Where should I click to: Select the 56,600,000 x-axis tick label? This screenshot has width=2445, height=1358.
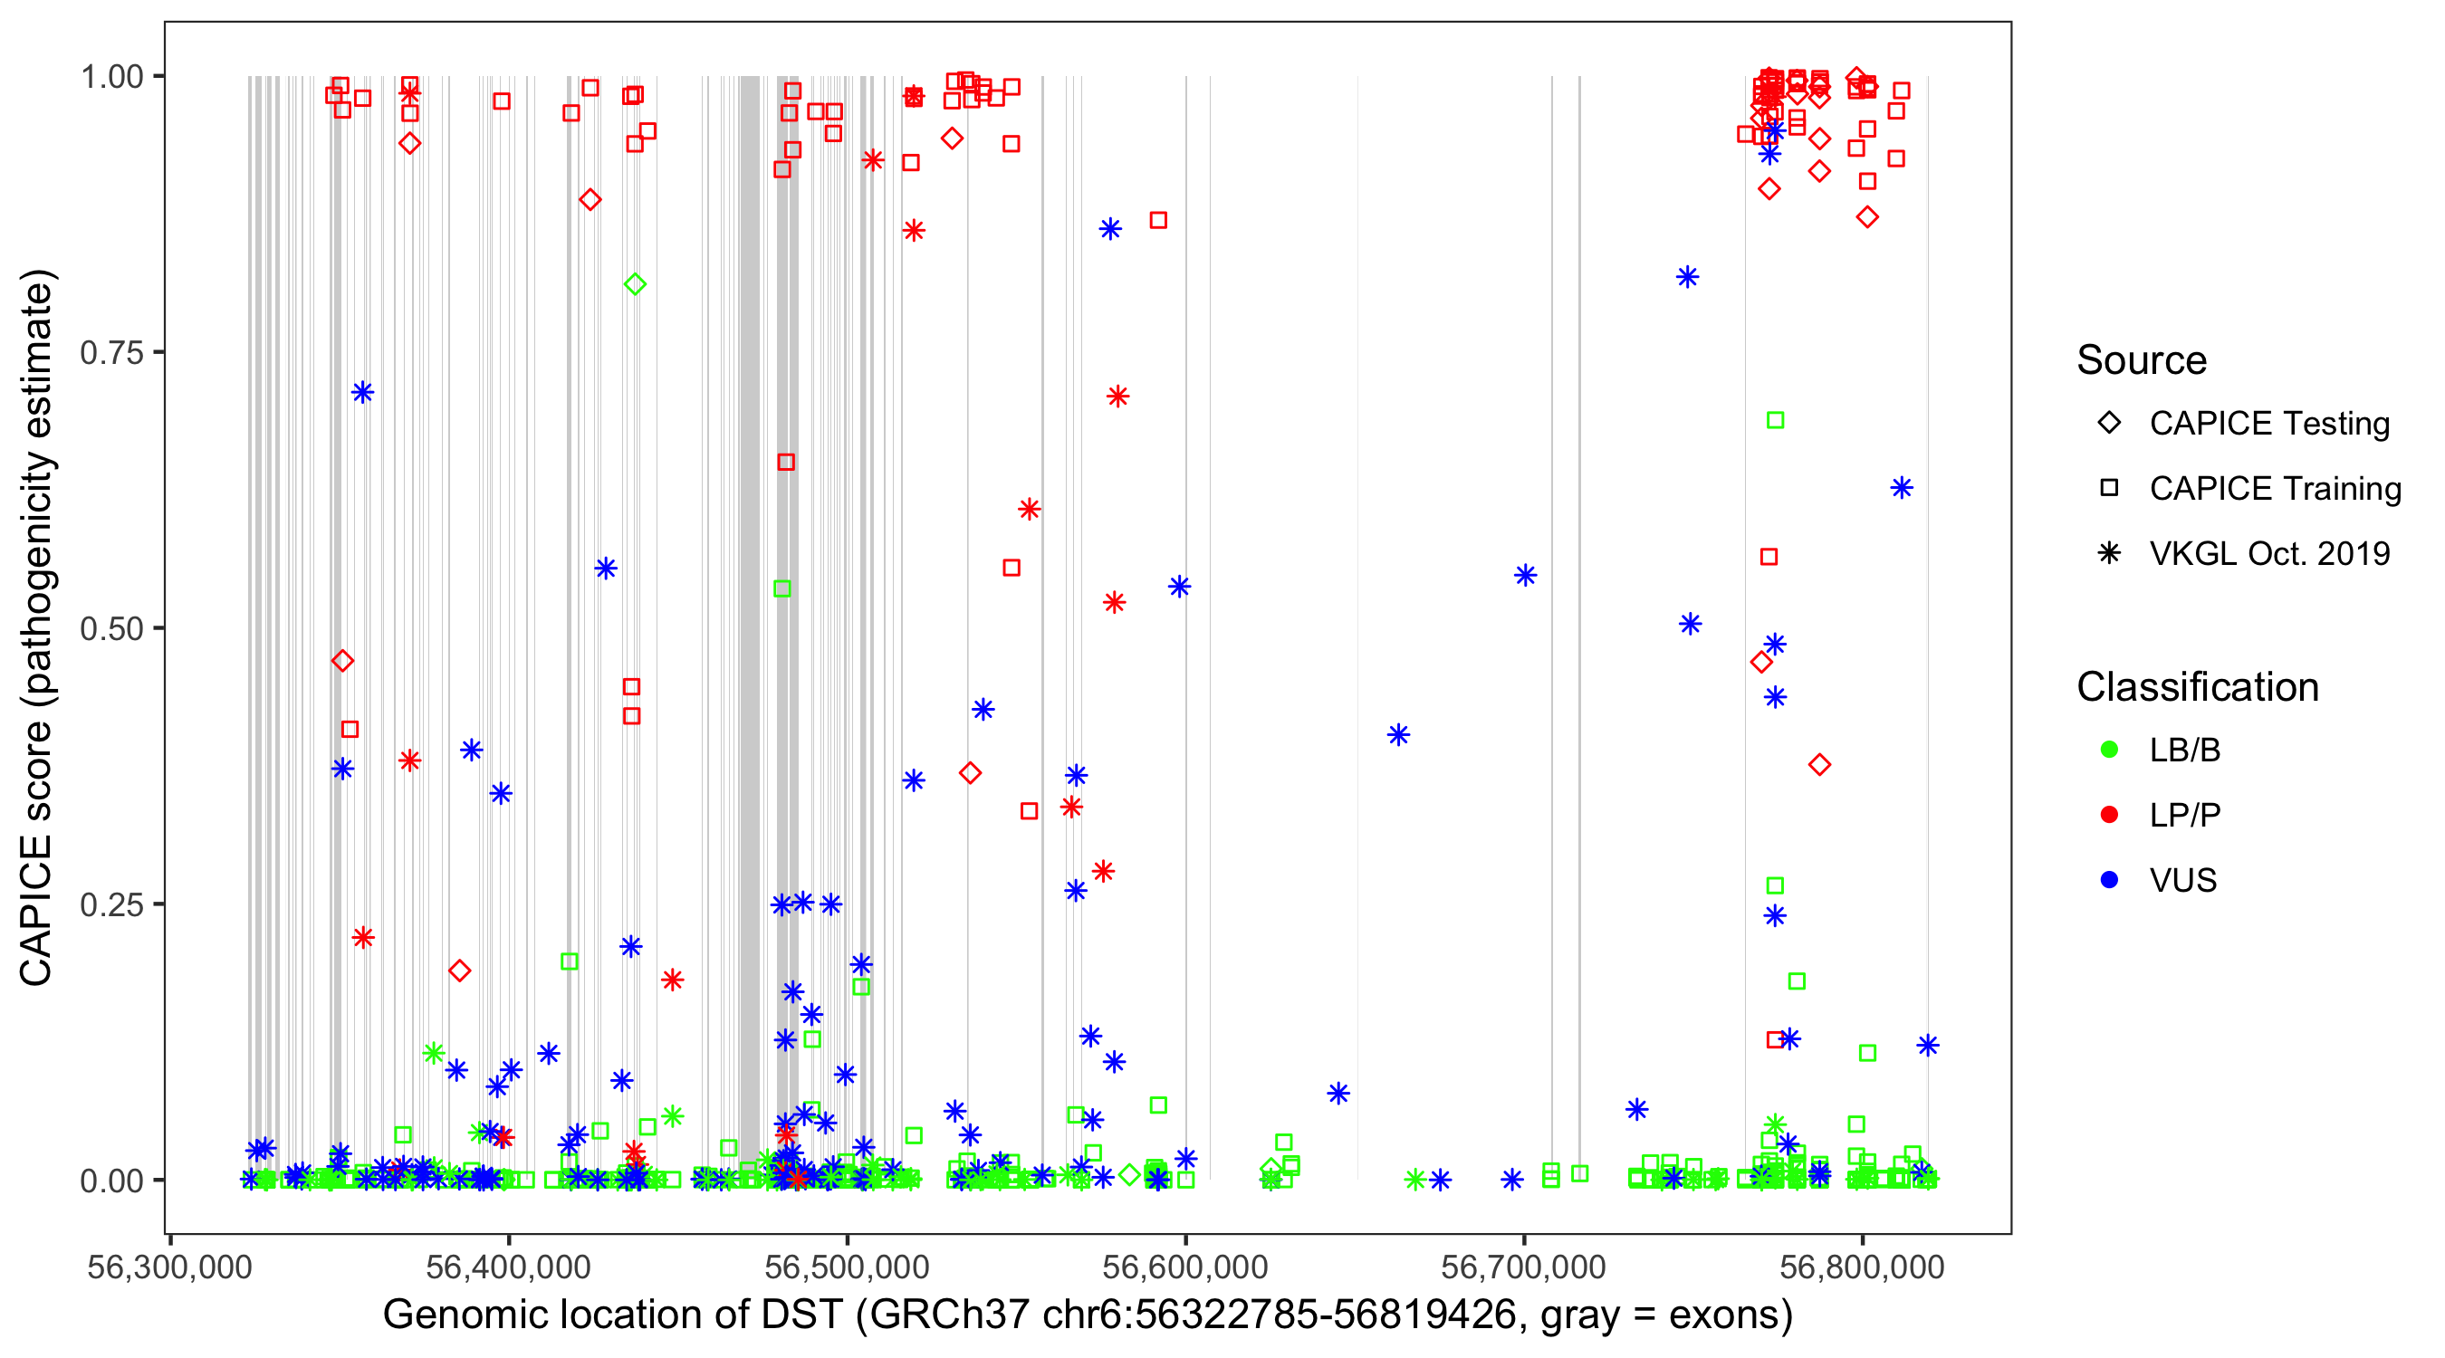click(x=1184, y=1267)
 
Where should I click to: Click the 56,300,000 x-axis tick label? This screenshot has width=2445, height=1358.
click(x=170, y=1267)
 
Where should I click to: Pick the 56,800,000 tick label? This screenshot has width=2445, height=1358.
click(x=1861, y=1267)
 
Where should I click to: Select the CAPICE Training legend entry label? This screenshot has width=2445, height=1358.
click(x=2275, y=489)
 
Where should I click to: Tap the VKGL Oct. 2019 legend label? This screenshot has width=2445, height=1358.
click(x=2269, y=554)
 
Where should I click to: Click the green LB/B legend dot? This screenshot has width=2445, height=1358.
click(x=2109, y=750)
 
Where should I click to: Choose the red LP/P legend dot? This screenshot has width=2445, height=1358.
click(x=2109, y=815)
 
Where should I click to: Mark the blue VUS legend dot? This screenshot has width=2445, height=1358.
click(x=2109, y=881)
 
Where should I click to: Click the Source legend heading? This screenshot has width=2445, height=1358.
click(x=2142, y=360)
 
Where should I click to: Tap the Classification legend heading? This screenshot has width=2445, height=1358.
click(x=2197, y=687)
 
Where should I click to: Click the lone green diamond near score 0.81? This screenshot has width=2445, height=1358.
click(x=635, y=283)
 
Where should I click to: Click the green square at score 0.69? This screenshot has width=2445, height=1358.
click(x=1775, y=420)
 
